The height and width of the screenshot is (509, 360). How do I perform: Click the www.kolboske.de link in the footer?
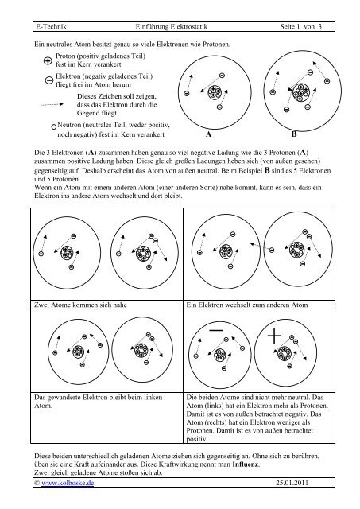pos(68,483)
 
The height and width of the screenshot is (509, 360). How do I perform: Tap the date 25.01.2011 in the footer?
pos(292,483)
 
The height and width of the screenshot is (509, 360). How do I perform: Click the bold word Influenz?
pos(246,464)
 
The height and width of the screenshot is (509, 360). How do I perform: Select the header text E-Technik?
pos(51,26)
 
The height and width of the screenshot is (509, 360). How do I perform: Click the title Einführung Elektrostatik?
pos(172,26)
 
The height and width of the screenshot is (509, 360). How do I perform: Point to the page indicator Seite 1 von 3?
pos(300,26)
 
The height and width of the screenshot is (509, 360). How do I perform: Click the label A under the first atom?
pos(208,134)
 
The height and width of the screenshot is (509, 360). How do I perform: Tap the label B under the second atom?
pos(294,134)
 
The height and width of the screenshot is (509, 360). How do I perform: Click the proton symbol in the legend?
pos(48,60)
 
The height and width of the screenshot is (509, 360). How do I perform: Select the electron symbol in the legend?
pos(49,80)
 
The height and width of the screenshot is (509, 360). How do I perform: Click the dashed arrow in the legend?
pos(52,104)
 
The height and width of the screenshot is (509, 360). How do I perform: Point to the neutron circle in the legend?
pos(54,127)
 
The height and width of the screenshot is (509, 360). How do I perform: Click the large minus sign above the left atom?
pos(216,331)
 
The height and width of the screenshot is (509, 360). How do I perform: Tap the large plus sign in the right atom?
pos(274,336)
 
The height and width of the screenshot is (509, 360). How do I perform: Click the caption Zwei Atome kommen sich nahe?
pos(80,305)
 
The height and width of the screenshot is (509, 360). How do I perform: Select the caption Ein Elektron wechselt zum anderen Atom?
pos(247,305)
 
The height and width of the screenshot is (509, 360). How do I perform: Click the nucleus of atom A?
pos(215,92)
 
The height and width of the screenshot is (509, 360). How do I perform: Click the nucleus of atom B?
pos(300,92)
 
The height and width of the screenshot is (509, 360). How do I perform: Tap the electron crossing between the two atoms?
pos(272,250)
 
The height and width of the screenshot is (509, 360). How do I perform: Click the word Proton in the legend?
pos(65,56)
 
